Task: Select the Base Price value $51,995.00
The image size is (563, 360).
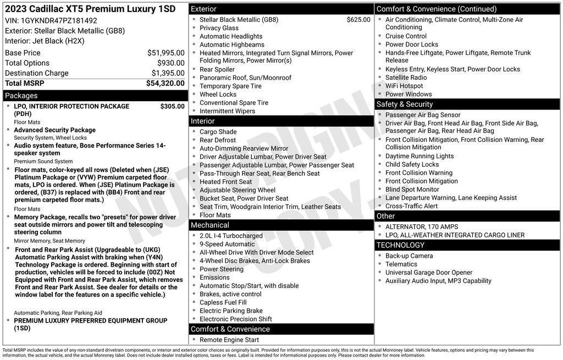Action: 165,53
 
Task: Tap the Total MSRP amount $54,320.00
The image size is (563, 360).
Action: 165,83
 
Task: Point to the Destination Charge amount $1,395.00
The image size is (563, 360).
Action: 168,73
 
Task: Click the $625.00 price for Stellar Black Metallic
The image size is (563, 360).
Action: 358,20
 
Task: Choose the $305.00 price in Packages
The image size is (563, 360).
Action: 172,106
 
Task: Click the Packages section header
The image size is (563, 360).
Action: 21,96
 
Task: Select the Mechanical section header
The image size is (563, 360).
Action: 210,225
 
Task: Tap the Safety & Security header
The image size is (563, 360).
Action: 405,104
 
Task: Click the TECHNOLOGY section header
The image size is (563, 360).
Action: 400,245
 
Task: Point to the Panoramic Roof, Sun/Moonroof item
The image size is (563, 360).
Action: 245,78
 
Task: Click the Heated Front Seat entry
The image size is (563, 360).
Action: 225,182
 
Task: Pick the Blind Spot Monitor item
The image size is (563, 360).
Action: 412,190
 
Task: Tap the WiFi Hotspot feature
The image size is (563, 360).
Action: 404,86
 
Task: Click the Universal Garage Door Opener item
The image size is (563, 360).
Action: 428,273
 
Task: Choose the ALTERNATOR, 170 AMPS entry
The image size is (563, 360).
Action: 421,227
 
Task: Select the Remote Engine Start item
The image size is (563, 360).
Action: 229,340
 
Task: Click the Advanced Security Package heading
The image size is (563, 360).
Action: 54,130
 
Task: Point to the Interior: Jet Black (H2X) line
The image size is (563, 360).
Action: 45,41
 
